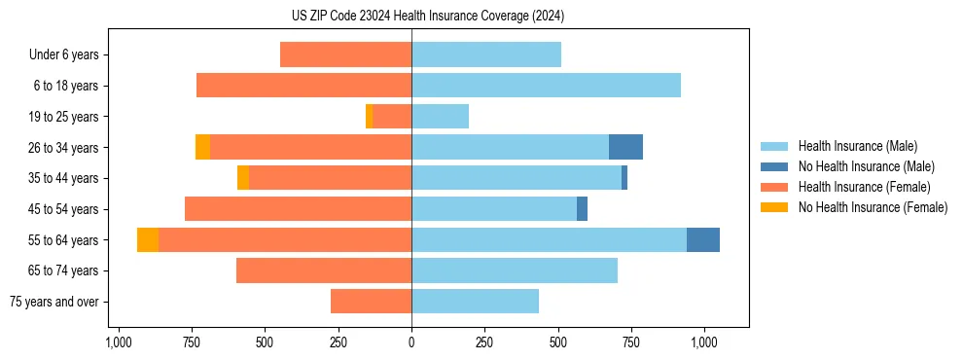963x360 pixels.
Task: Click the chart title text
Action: coord(427,16)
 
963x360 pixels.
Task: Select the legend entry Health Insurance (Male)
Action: coord(857,146)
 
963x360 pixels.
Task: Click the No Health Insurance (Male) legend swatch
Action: coord(774,166)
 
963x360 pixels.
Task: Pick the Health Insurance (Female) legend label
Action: coord(864,187)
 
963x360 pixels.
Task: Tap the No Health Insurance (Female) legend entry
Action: coord(872,207)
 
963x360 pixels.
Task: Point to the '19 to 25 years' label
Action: coord(64,117)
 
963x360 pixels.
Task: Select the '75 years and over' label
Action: coord(54,302)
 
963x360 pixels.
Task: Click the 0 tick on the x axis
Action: coord(411,342)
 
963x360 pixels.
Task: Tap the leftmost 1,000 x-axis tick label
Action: coord(119,342)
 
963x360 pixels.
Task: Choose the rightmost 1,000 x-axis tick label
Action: coord(704,342)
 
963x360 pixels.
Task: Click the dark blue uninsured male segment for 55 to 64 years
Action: coord(703,239)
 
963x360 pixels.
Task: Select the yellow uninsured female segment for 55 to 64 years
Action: coord(148,239)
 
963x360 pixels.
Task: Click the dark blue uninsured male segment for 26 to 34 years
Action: coord(625,147)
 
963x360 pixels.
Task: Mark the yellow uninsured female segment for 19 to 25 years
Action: coord(369,117)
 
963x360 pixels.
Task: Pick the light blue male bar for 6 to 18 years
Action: coord(546,86)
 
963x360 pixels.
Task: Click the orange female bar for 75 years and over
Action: coord(371,302)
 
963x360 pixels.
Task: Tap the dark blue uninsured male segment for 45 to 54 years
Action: coord(582,209)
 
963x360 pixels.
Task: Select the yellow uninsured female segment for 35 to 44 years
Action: coord(243,178)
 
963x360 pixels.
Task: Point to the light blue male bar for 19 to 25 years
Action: coord(440,117)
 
